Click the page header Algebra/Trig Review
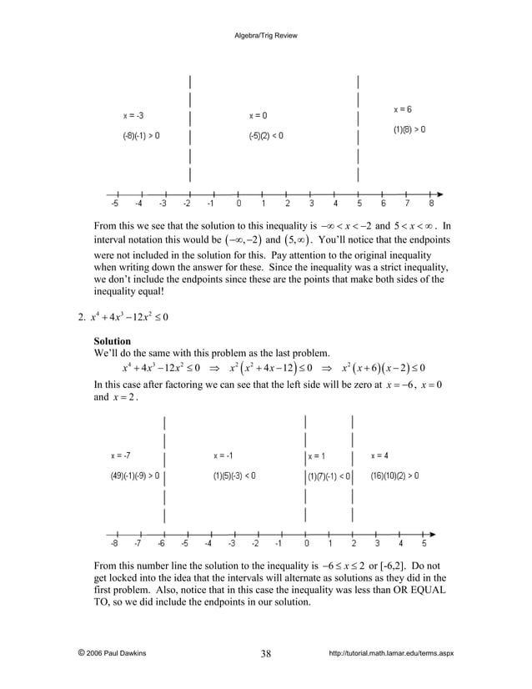click(x=265, y=36)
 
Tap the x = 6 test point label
click(x=403, y=109)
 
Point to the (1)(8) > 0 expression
click(x=409, y=129)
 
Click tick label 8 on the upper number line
click(x=432, y=203)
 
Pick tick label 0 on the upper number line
click(x=238, y=203)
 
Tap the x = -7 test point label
click(x=120, y=455)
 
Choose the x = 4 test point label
click(x=379, y=455)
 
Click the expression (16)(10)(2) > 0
click(x=394, y=475)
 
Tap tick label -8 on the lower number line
click(x=114, y=542)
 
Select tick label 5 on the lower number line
click(x=424, y=542)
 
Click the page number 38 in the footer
click(x=265, y=653)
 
